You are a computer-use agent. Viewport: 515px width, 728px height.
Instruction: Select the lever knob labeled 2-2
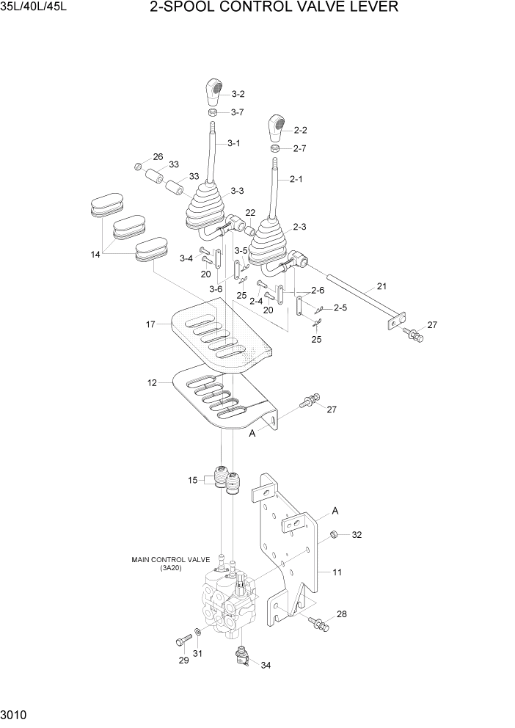[277, 128]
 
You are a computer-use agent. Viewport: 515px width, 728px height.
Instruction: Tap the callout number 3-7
[237, 112]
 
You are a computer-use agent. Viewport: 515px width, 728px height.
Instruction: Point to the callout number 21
[381, 286]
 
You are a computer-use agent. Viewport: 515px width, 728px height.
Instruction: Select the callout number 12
[152, 382]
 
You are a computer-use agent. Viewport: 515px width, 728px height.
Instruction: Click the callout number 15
[192, 480]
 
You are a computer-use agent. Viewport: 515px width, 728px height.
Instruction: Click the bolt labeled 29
[181, 641]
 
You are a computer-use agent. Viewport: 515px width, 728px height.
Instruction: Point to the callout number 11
[337, 572]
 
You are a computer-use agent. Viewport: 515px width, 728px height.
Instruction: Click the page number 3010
[15, 714]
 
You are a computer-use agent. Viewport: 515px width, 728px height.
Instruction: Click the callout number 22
[250, 214]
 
